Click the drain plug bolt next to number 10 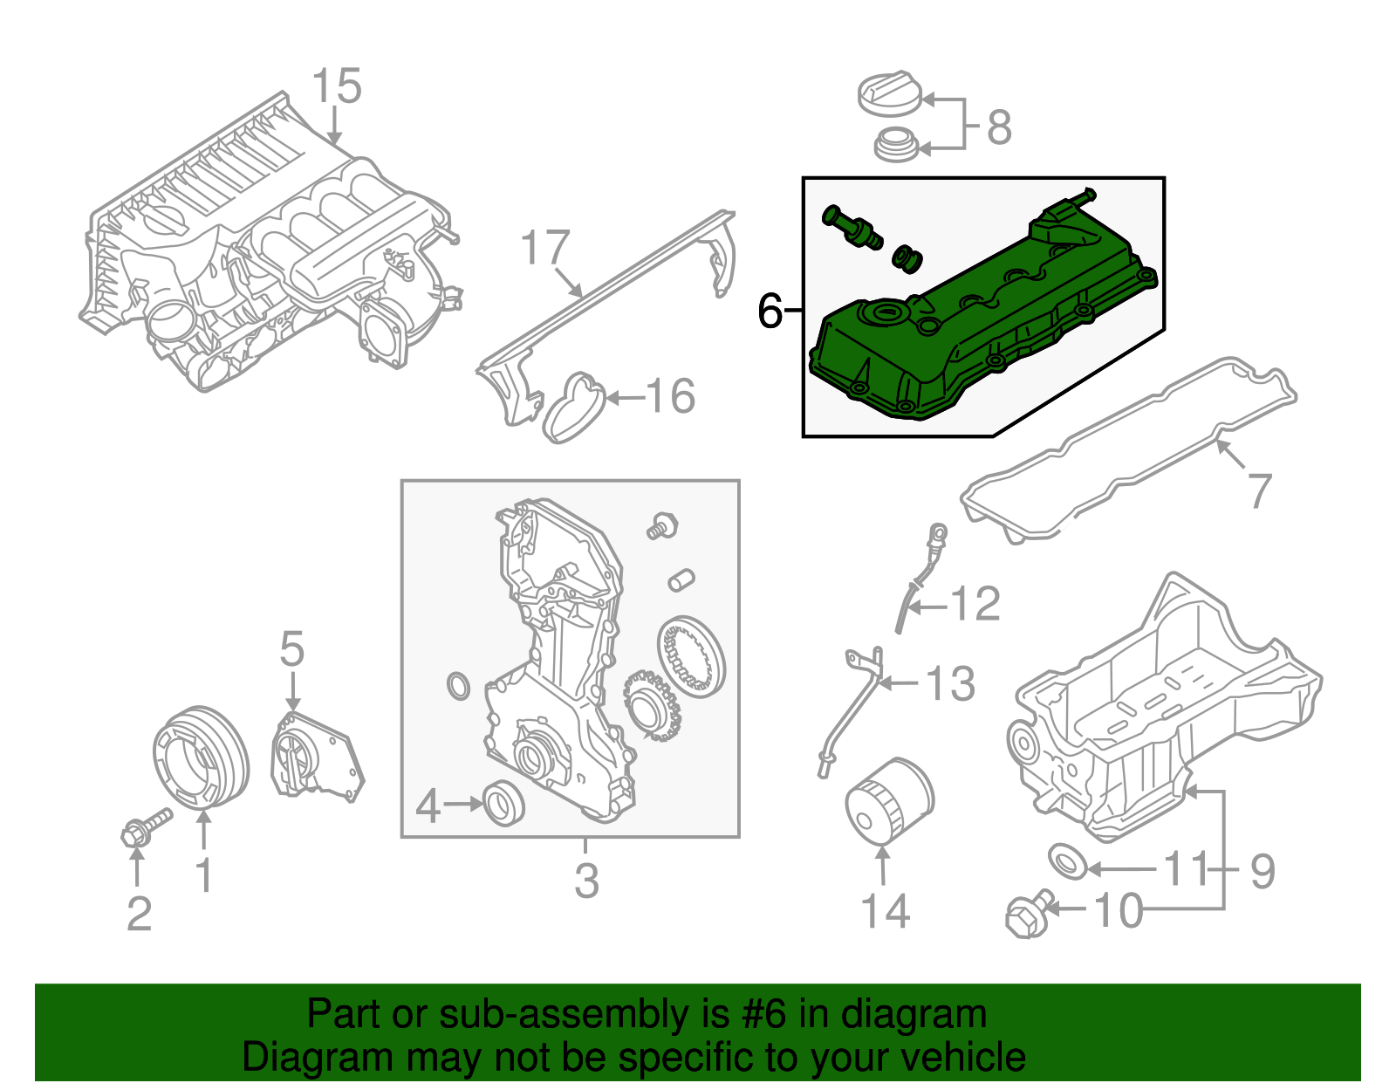coord(1028,914)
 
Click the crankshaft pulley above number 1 coord(200,755)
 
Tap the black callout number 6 coord(770,311)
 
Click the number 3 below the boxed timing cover coord(586,881)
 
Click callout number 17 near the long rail coord(545,248)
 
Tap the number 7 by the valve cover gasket coord(1259,490)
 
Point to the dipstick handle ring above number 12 coord(938,531)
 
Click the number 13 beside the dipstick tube coord(949,683)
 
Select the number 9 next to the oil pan coord(1262,870)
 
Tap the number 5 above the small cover coord(291,650)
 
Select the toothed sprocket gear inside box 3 coord(652,706)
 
